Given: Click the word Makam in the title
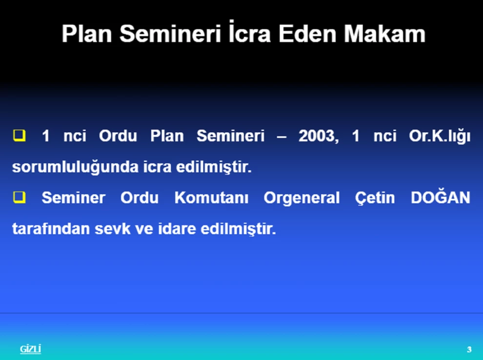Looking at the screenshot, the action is pos(384,34).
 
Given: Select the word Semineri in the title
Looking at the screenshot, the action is pos(170,34).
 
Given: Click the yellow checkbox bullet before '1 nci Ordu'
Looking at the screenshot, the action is pos(20,136).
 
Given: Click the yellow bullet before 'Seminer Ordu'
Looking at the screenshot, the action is pos(20,198).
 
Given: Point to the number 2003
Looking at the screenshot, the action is pos(319,136).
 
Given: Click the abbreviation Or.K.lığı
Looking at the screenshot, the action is pos(440,137).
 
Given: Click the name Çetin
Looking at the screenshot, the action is pos(375,198).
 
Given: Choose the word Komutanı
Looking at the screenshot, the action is pos(211,198).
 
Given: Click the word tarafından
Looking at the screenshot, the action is pos(51,228).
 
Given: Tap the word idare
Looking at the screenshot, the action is pos(177,228).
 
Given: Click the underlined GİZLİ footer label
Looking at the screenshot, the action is pos(31,349).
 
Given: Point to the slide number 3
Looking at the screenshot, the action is pos(469,350).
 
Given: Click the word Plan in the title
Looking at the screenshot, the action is pos(86,34).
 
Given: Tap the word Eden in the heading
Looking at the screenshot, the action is pos(307,34).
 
